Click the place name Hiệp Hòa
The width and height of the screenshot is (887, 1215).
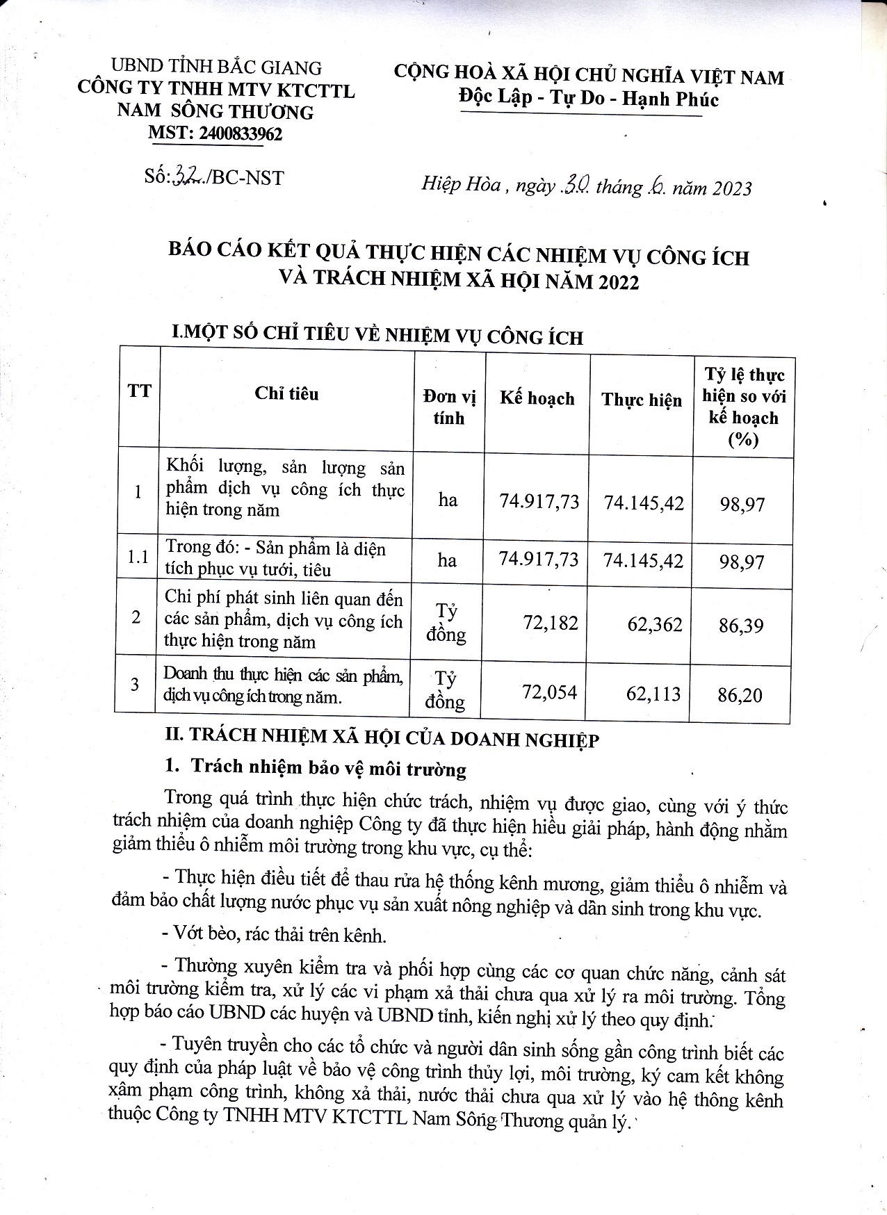click(461, 185)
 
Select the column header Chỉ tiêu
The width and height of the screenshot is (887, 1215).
click(286, 393)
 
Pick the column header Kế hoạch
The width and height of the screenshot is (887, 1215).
click(537, 398)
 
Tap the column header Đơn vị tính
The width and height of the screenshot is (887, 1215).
click(449, 407)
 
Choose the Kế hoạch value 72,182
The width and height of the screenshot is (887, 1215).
click(551, 622)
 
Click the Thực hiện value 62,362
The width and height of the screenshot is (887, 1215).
click(654, 623)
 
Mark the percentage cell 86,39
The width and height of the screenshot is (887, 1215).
click(741, 626)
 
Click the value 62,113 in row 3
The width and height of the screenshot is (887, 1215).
click(653, 694)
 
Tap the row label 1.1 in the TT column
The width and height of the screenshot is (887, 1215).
click(138, 557)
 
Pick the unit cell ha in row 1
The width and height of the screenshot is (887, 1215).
click(448, 500)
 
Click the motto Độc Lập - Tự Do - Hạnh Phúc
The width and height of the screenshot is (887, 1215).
click(589, 99)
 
